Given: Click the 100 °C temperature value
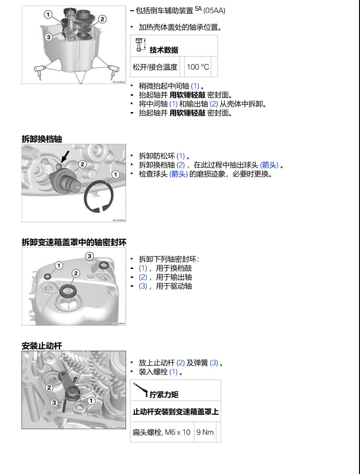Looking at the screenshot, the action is coord(198,67).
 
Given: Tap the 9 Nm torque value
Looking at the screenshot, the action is coord(205,432).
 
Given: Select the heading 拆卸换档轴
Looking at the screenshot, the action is coord(42,139).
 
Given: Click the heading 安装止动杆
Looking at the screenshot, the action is coord(42,346).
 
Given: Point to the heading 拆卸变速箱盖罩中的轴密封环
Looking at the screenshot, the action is coord(74,242).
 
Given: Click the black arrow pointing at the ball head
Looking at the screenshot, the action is coord(65,156).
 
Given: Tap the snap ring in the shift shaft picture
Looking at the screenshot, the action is coord(99,197).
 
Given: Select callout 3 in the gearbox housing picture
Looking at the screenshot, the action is coord(49,37).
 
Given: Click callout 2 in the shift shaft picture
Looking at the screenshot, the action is coord(82,164).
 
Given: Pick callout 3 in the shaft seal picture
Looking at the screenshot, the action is coord(89,256).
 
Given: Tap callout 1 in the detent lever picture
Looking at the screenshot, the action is coord(91,401).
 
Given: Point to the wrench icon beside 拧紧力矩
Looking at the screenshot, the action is coord(141,389).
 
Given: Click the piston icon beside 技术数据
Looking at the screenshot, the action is coord(141,45).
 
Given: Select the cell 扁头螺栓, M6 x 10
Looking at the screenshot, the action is coord(162,432).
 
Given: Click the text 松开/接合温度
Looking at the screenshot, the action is coord(155,67).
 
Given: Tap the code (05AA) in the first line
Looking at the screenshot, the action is coord(214,11).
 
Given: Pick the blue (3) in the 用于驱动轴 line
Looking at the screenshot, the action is coord(143,286).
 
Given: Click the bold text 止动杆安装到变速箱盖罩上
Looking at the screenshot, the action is coord(176,411).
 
